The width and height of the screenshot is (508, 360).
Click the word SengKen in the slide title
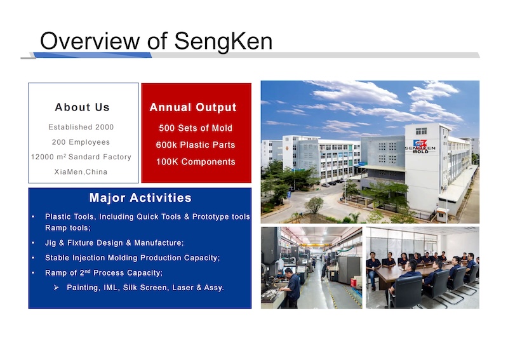224,41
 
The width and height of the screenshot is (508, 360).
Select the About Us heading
83,107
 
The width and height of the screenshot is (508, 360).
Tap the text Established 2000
81,127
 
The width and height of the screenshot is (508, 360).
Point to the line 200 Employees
81,142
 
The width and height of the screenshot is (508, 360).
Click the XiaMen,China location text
81,171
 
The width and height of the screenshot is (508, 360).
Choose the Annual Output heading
193,107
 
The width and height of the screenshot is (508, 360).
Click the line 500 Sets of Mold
196,128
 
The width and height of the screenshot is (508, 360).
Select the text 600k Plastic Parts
196,145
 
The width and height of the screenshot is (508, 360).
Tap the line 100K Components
196,162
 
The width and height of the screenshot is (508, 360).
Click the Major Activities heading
140,197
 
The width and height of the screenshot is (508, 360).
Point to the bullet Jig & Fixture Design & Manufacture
114,243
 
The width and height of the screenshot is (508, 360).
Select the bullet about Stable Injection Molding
132,258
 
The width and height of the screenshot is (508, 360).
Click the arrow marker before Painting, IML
57,288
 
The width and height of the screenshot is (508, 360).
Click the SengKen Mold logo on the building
420,146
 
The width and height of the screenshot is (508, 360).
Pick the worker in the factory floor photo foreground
292,288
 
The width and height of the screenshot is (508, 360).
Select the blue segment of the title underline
92,55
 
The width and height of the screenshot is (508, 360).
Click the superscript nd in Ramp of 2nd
88,271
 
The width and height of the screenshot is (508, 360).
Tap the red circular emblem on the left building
287,149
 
